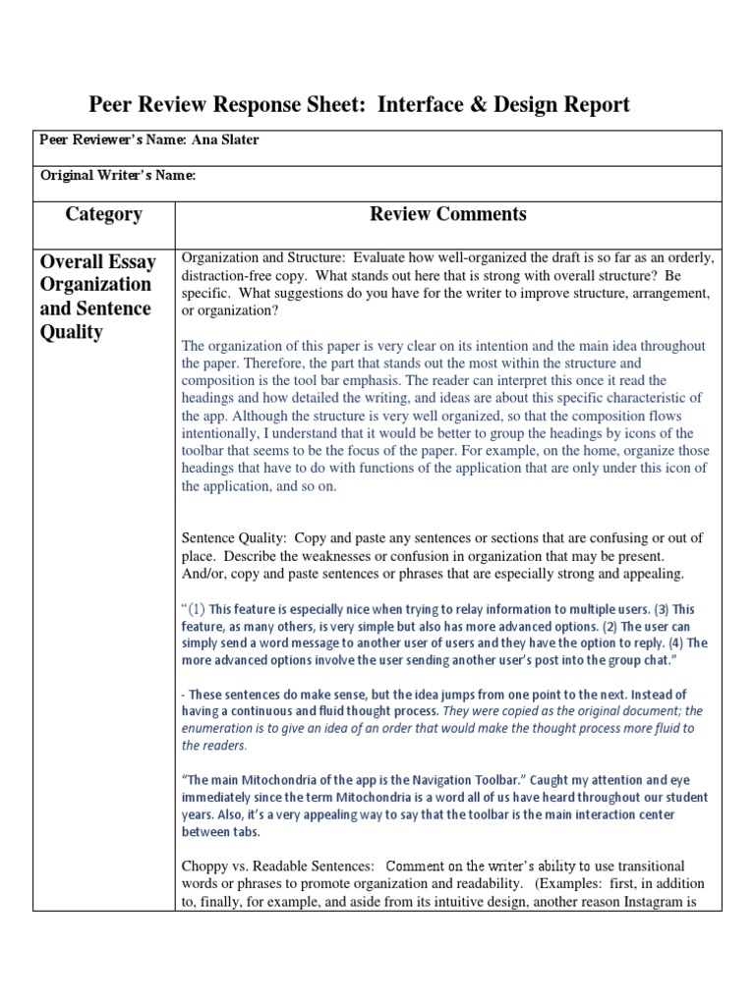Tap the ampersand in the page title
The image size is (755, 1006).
coord(473,105)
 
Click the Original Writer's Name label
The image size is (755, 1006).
coord(117,176)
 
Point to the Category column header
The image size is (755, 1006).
coord(103,214)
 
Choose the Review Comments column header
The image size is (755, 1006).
coord(447,214)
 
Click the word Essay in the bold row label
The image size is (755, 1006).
coord(132,262)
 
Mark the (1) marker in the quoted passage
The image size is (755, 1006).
coord(195,608)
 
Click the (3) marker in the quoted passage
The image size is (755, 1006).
coord(656,609)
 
